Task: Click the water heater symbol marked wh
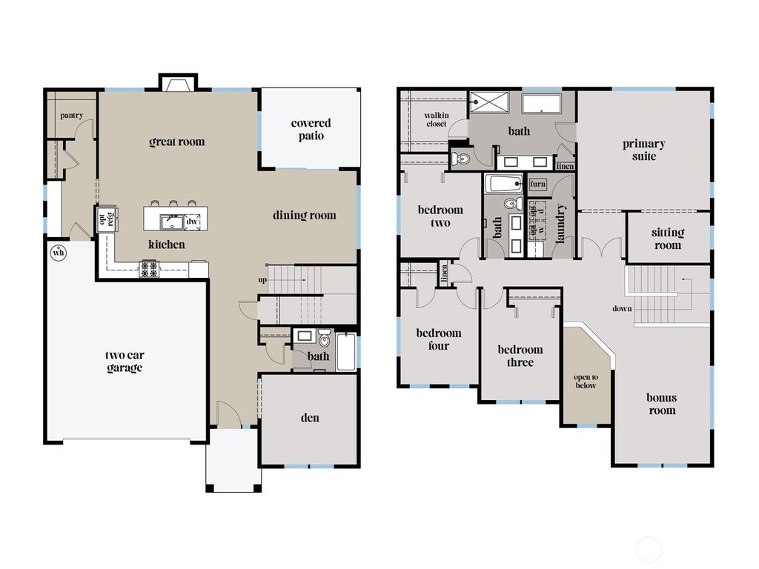(58, 253)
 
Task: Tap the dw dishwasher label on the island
(192, 221)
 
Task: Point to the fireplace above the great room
(178, 84)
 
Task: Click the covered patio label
(311, 130)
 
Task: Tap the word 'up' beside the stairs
(262, 280)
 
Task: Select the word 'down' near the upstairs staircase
(623, 308)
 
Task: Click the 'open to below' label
(585, 381)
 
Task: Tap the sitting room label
(667, 239)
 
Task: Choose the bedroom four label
(438, 339)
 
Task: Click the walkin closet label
(435, 120)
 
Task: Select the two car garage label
(124, 361)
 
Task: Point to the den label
(310, 418)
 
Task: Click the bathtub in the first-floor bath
(346, 352)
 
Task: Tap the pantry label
(71, 115)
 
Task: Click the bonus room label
(661, 404)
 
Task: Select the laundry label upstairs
(560, 223)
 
